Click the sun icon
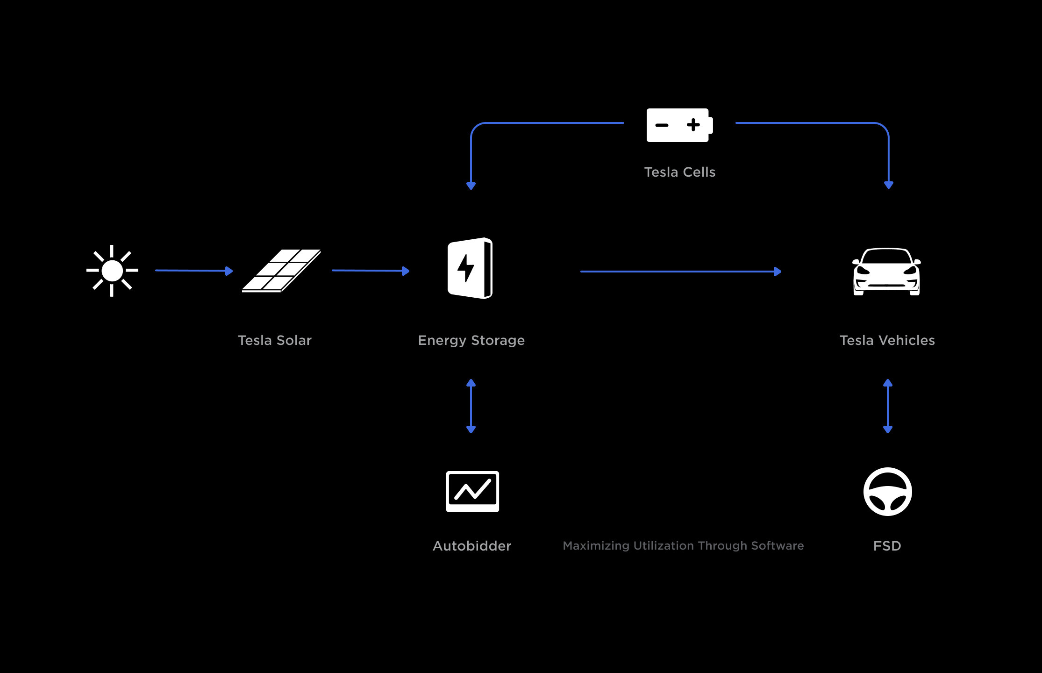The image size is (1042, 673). click(x=112, y=271)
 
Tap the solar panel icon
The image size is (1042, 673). click(x=281, y=271)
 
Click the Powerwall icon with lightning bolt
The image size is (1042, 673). click(x=470, y=268)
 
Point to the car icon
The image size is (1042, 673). click(x=886, y=272)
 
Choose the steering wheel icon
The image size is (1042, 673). click(x=887, y=492)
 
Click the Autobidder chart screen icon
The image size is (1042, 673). click(x=472, y=492)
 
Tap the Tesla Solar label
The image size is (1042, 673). click(x=275, y=340)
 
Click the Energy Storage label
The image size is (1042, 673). click(x=471, y=340)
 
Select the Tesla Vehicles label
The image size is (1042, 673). click(x=887, y=340)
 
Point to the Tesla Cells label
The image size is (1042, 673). click(x=679, y=172)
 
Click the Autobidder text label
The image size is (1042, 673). click(x=472, y=546)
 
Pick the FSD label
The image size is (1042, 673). click(x=887, y=546)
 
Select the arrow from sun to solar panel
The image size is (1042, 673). click(x=194, y=271)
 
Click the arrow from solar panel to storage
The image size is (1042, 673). click(x=371, y=271)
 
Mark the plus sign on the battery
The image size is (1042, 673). click(x=693, y=125)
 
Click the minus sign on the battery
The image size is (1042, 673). click(x=662, y=125)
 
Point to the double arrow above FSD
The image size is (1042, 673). click(x=888, y=406)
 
